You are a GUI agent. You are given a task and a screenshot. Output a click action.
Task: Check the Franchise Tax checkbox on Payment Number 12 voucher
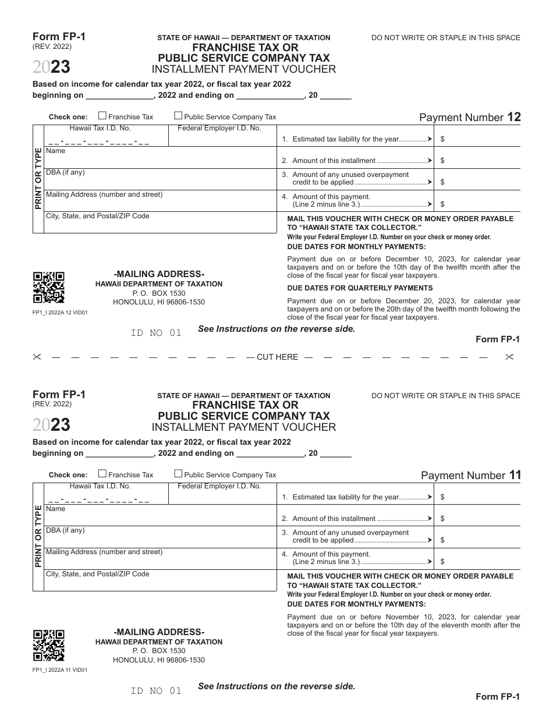[102, 116]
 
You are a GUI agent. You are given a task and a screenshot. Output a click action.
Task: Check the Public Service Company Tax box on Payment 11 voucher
[179, 474]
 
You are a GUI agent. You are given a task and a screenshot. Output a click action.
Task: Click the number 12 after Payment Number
[514, 117]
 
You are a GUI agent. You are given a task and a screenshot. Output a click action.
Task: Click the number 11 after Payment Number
[515, 475]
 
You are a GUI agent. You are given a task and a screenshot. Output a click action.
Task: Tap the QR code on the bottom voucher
[48, 645]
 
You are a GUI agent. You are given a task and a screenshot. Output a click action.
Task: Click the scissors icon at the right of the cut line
[510, 357]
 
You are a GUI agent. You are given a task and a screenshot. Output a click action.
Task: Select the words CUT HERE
[277, 357]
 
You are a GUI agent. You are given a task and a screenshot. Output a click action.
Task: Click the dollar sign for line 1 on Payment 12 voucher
[443, 140]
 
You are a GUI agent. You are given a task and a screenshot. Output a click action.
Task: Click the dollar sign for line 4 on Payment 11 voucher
[443, 562]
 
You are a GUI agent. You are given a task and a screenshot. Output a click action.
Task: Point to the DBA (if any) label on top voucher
[65, 173]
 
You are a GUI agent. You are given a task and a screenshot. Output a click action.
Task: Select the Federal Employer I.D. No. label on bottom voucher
[219, 486]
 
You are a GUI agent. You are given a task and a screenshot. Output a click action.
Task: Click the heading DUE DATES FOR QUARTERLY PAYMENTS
[360, 288]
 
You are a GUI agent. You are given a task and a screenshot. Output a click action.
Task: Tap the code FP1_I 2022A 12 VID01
[60, 313]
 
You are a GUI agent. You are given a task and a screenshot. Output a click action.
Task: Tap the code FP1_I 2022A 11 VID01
[60, 670]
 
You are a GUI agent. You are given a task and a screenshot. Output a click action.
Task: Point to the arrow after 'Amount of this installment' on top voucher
[430, 161]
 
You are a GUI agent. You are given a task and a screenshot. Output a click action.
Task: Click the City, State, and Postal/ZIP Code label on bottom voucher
[98, 574]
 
